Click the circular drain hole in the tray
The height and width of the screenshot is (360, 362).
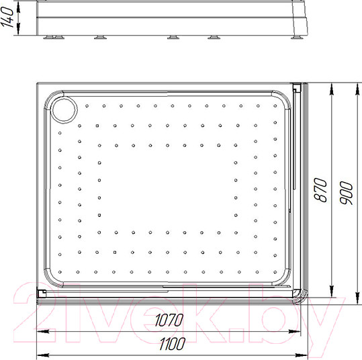coord(64,108)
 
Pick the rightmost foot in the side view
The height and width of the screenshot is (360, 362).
coord(297,38)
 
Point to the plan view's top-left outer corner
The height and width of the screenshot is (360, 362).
coord(37,83)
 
